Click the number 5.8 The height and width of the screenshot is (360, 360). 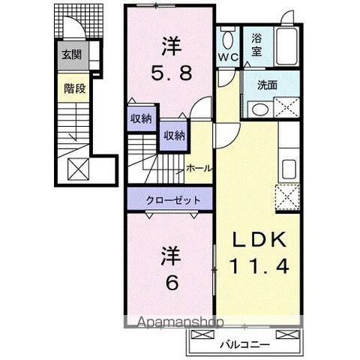[170, 74]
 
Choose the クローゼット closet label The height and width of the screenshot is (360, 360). [173, 201]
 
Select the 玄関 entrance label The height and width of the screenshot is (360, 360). [72, 55]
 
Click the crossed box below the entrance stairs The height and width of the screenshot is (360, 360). [77, 169]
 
